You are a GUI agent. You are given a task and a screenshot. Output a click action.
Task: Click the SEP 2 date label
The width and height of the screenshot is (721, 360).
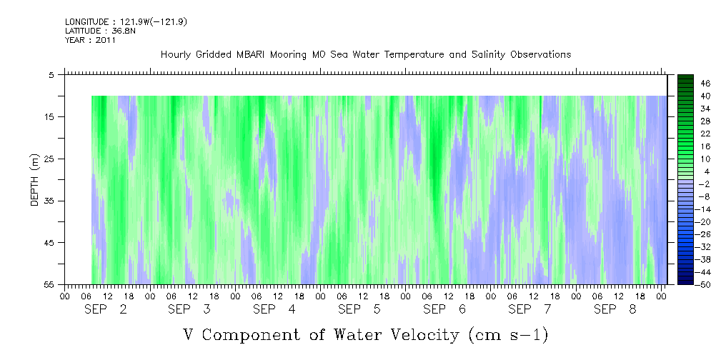coord(106,309)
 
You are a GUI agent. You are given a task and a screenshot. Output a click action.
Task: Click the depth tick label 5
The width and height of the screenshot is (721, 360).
coord(52,74)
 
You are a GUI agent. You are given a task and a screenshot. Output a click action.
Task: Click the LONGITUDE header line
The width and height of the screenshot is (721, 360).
coord(126,22)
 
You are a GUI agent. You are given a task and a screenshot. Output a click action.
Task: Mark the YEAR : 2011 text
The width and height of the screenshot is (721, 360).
coord(91,40)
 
